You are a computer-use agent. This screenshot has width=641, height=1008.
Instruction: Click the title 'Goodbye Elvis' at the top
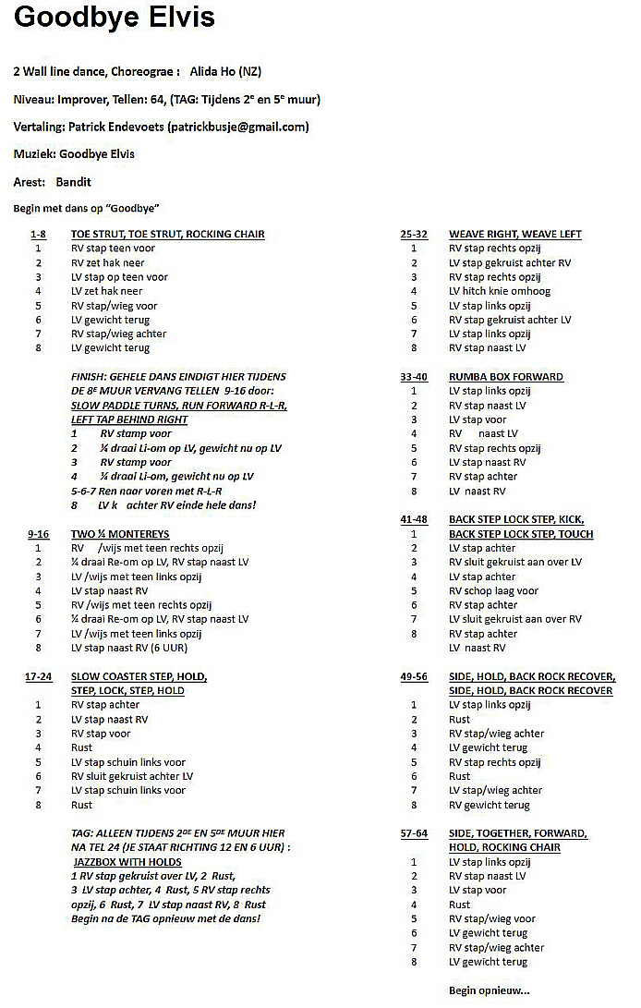pyautogui.click(x=115, y=18)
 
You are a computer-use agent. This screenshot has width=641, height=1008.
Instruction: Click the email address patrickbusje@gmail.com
pyautogui.click(x=237, y=127)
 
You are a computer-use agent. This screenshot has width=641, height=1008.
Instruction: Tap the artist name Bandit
pyautogui.click(x=73, y=182)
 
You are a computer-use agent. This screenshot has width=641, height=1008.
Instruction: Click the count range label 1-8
pyautogui.click(x=38, y=234)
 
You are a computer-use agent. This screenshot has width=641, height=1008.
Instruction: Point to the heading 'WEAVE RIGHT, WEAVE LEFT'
pyautogui.click(x=515, y=234)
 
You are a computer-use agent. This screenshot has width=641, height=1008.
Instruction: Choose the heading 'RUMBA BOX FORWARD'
pyautogui.click(x=505, y=377)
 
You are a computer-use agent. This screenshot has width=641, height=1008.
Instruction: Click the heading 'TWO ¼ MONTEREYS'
pyautogui.click(x=120, y=534)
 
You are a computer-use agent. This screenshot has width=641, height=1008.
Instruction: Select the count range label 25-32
pyautogui.click(x=414, y=234)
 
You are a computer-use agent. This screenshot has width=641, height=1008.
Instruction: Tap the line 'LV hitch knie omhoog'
pyautogui.click(x=500, y=291)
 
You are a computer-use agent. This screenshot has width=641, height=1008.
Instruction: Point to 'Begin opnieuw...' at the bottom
pyautogui.click(x=490, y=990)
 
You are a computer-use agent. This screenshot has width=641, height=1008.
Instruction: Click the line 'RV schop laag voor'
pyautogui.click(x=493, y=591)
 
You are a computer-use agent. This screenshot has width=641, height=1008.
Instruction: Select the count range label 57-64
pyautogui.click(x=414, y=833)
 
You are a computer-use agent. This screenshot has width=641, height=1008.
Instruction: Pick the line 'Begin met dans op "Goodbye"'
pyautogui.click(x=86, y=208)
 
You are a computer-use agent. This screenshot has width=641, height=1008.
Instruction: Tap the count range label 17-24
pyautogui.click(x=38, y=676)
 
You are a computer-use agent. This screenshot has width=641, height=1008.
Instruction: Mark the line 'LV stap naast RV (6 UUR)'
pyautogui.click(x=135, y=648)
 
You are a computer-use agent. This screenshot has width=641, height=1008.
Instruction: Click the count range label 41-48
pyautogui.click(x=414, y=520)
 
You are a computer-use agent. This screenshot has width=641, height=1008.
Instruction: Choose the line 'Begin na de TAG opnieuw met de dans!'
pyautogui.click(x=165, y=918)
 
